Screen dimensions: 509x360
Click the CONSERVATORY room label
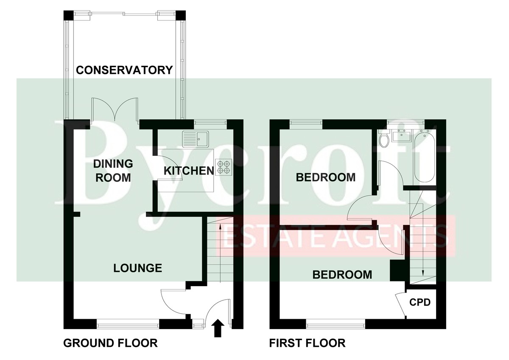[124, 70]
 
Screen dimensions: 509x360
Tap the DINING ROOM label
[113, 171]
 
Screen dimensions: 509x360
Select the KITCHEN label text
[189, 171]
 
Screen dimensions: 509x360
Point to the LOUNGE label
[138, 268]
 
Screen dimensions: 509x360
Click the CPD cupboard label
[420, 302]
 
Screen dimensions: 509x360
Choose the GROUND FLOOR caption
[110, 343]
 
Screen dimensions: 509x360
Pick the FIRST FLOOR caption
[307, 343]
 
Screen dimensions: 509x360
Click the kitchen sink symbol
[196, 139]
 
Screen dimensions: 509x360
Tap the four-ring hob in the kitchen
[224, 167]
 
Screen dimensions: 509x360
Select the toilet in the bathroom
[384, 139]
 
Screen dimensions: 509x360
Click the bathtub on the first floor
[425, 156]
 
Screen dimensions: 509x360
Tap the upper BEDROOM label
[326, 177]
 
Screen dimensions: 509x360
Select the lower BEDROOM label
[342, 275]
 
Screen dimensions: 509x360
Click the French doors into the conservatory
[115, 110]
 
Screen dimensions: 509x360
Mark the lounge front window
[128, 324]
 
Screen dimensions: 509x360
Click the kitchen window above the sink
[210, 122]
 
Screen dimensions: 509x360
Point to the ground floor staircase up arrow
[220, 253]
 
